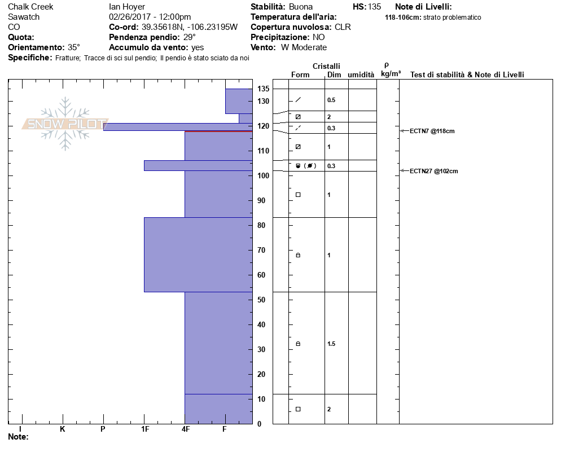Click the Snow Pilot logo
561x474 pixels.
65,124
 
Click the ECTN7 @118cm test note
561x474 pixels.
432,131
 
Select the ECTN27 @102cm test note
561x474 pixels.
433,171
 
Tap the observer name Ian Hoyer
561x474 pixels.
127,7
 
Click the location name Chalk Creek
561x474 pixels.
30,7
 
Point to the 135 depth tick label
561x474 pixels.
264,89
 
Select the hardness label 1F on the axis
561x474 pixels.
144,429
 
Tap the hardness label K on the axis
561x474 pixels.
62,429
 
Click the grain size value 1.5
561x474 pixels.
331,344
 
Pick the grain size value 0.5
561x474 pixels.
331,100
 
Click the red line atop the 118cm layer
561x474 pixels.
218,131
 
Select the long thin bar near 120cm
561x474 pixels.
178,127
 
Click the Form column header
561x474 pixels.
300,75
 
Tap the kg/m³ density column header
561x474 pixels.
391,74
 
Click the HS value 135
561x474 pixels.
374,7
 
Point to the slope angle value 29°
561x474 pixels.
190,37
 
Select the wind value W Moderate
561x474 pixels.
304,47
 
